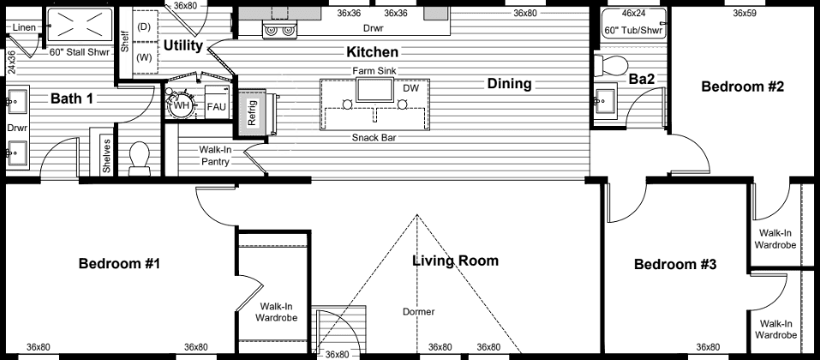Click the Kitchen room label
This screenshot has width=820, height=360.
[372, 52]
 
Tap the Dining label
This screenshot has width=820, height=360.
[509, 84]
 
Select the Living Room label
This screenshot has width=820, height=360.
[455, 261]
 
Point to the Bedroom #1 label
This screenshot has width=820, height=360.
[119, 264]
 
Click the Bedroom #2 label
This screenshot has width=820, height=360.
[743, 87]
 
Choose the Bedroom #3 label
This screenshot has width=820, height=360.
[674, 265]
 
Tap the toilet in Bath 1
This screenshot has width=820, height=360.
[139, 159]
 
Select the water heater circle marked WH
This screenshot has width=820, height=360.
[181, 105]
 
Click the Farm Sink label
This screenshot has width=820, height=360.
[373, 70]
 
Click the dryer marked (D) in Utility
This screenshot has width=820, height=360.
[144, 27]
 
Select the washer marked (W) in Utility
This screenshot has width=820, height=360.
[144, 58]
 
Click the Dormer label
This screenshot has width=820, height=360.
[418, 311]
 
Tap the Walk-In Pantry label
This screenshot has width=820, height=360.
[214, 155]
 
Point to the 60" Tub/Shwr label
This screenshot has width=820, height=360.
[632, 31]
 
